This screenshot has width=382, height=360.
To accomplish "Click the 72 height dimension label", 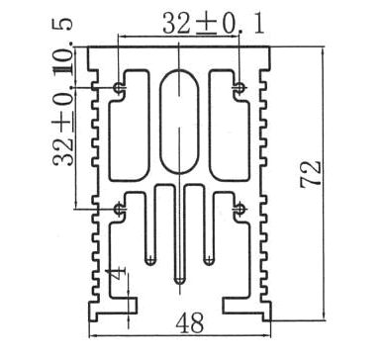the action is (x=311, y=174).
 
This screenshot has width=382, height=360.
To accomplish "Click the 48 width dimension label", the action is (x=190, y=323).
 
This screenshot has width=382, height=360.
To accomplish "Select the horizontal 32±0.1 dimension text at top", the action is (x=214, y=23).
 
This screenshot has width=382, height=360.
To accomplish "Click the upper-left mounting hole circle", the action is (x=118, y=88).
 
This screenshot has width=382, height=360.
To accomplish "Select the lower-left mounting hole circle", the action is (x=118, y=209).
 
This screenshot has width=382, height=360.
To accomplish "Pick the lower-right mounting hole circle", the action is (x=240, y=209).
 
